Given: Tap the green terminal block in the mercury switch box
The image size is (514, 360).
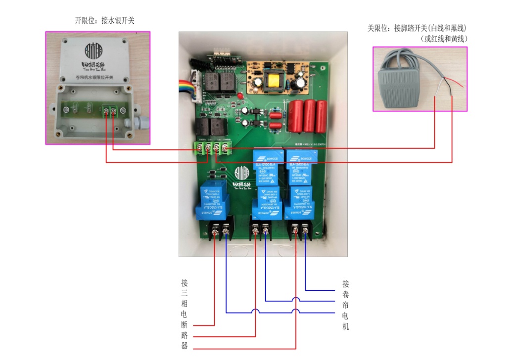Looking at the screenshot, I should point(109,111).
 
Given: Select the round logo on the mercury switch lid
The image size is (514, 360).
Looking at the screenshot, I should point(93,50).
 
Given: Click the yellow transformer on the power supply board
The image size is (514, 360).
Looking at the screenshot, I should point(273,82).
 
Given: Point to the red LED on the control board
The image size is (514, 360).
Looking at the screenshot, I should point(239,94).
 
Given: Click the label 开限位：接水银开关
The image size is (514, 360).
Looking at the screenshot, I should point(104,21).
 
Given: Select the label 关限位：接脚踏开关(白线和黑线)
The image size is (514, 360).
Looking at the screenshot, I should point(417,28).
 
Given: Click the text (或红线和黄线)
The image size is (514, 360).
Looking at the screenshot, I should point(444,38).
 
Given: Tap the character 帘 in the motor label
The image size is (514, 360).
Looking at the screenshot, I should point(345,305).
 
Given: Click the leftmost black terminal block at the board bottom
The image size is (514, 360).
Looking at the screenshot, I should point(221,230).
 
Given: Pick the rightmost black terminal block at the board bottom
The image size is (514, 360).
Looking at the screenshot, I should point(301,229).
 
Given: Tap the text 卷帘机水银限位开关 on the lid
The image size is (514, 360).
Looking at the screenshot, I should point(94,78).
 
